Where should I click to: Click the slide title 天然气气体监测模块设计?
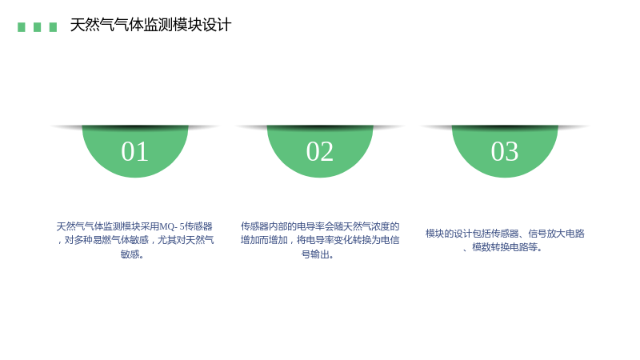pos(150,25)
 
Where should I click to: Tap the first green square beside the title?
pos(22,27)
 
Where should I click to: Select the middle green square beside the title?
pos(37,27)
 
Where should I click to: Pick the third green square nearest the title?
pos(53,27)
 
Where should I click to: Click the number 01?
pos(134,151)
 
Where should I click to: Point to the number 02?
pos(320,151)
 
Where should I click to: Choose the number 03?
pos(505,151)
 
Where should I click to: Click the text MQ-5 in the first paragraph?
pos(172,226)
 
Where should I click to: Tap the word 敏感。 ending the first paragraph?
pos(132,254)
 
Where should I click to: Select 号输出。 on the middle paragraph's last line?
pos(318,254)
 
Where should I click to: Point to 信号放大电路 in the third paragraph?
pos(556,234)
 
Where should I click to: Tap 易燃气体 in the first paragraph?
pos(111,240)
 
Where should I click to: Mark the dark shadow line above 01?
pos(134,128)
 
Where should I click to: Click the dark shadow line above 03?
pos(505,128)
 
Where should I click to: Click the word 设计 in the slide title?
pos(217,25)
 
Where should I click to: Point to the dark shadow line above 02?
pos(320,128)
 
